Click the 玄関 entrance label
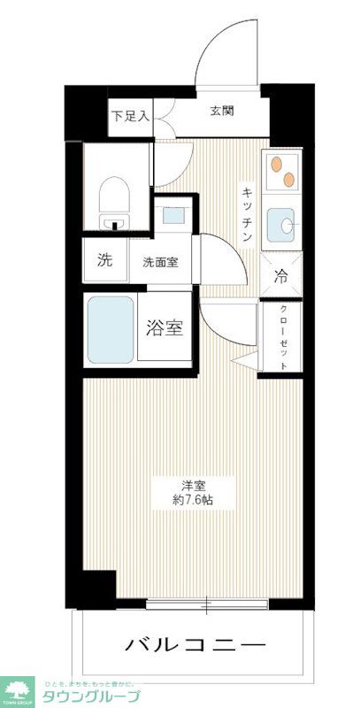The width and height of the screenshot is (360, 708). point(222,112)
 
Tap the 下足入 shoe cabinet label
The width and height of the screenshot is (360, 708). point(131,115)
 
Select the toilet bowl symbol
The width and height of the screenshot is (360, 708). point(113,196)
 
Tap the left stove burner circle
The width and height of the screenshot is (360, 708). point(275,165)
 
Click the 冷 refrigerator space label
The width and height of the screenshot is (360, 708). point(281,275)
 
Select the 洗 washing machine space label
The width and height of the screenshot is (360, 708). point(105,261)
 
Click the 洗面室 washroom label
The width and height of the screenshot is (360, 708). point(161,262)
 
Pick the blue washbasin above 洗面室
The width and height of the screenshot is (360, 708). point(173,213)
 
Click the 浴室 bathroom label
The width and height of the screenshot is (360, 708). point(165,327)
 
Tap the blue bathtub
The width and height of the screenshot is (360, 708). point(111,329)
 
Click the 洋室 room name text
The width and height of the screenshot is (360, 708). point(195,484)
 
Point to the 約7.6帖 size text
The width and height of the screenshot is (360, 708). point(195,501)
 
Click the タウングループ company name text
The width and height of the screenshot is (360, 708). point(87,696)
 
